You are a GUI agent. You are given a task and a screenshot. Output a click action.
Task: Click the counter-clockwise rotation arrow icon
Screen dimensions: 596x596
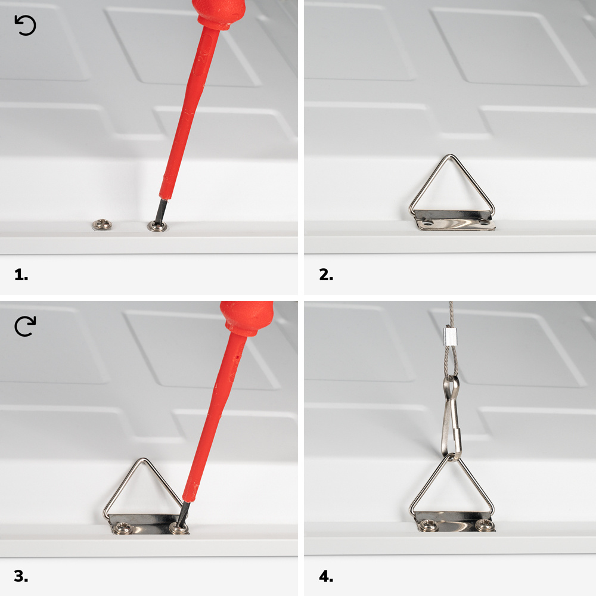pos(26,26)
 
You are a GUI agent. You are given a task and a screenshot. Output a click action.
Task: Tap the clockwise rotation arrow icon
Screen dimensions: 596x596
pos(25,326)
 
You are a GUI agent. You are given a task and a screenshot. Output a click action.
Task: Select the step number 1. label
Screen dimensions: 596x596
pos(21,274)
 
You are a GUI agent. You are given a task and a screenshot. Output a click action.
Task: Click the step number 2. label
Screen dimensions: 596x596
pos(326,274)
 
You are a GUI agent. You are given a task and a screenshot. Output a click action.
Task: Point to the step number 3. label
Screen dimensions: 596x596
pos(21,576)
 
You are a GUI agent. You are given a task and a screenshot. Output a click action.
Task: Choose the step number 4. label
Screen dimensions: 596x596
pos(326,576)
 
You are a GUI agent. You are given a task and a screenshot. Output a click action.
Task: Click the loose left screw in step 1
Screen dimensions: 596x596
pos(102,224)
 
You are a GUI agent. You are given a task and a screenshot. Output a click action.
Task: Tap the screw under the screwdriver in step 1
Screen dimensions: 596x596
pos(157,226)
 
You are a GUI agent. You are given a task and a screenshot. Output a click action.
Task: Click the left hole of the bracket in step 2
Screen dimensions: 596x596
pos(428,221)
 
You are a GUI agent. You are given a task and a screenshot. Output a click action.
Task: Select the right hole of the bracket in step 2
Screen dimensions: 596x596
pos(483,221)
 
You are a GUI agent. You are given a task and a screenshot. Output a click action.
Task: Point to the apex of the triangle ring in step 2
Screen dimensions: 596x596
pos(451,156)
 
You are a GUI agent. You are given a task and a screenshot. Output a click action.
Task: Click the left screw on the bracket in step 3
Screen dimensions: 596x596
pos(123,527)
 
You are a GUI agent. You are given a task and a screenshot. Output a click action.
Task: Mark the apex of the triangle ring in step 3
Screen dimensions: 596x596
pos(142,460)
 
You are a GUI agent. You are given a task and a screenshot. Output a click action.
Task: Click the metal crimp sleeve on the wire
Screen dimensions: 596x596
pos(451,336)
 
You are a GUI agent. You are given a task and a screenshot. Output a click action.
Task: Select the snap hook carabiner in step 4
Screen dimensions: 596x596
pos(451,418)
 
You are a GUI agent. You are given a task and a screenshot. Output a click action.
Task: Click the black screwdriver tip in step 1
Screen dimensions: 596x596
pos(161,211)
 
